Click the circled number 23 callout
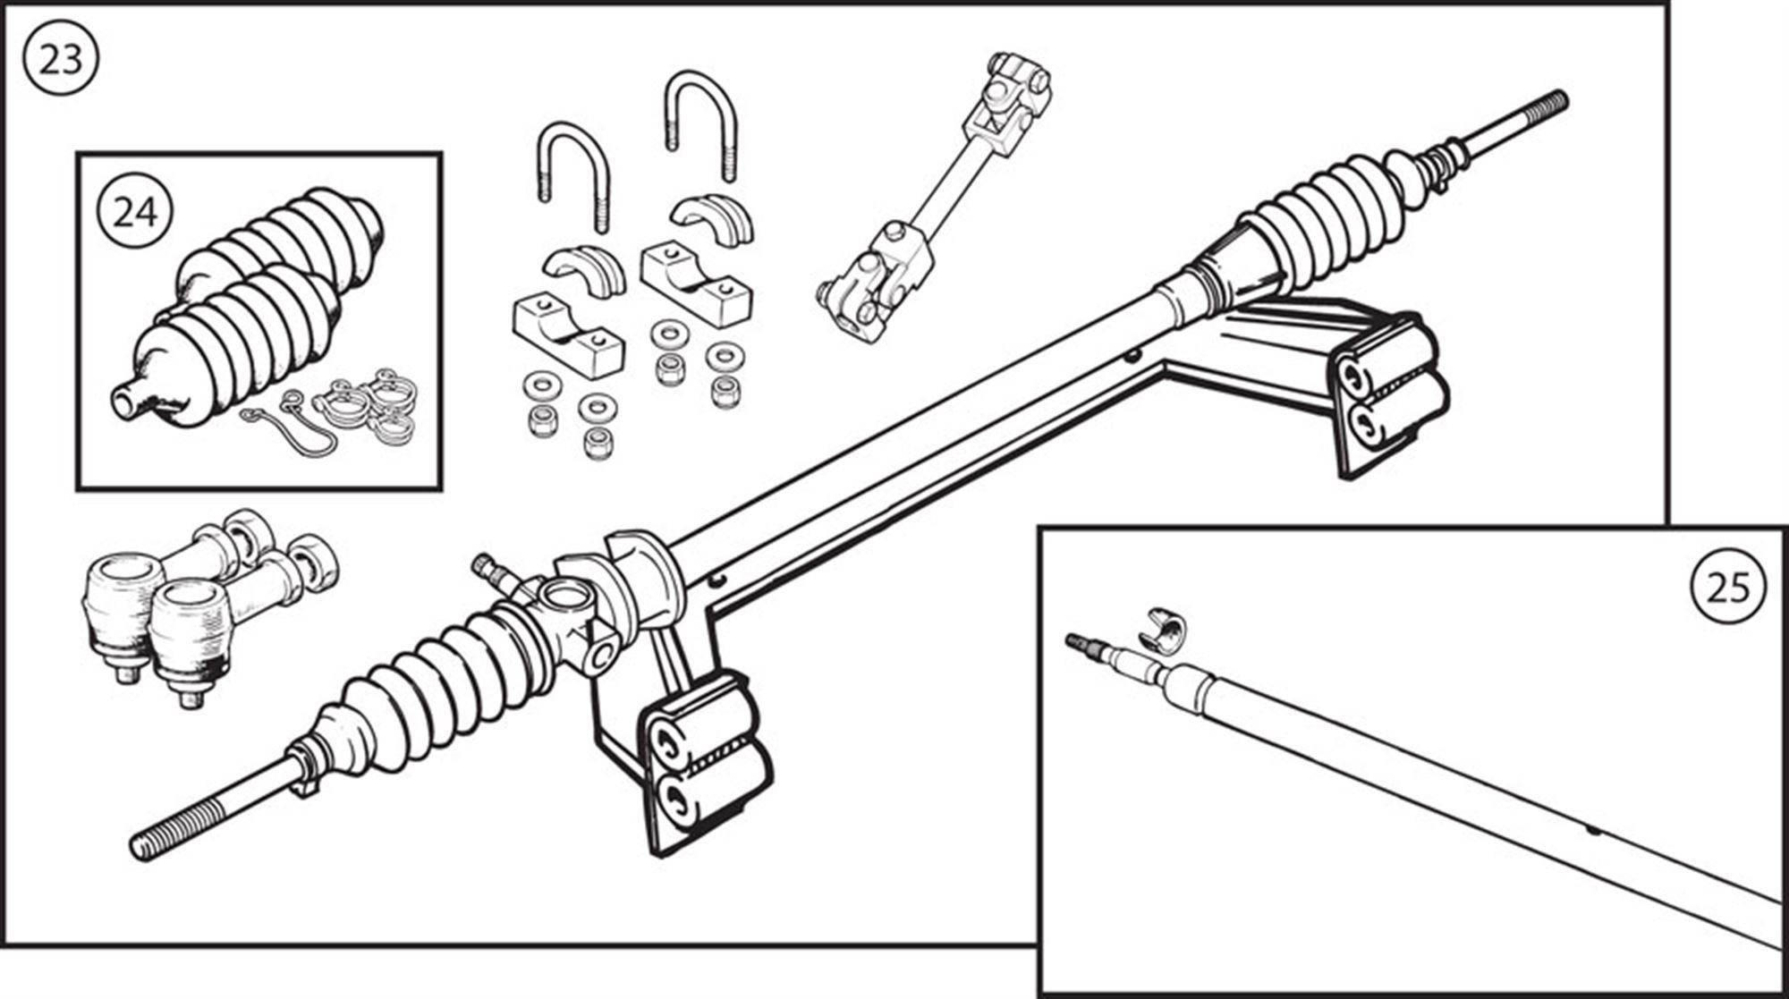pyautogui.click(x=61, y=60)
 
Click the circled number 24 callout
pyautogui.click(x=136, y=213)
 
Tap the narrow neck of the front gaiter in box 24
pyautogui.click(x=130, y=398)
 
